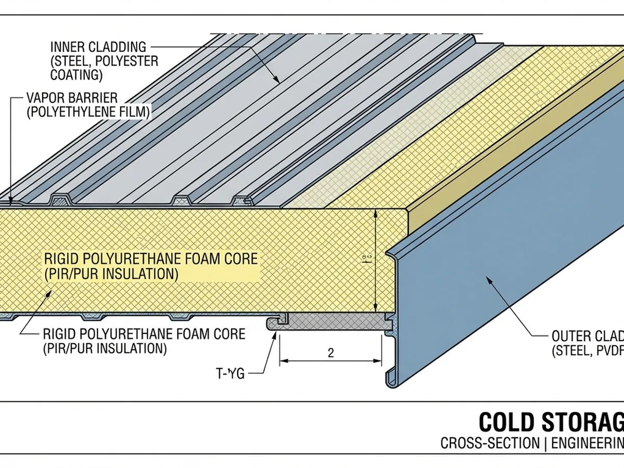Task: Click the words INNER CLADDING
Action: point(98,47)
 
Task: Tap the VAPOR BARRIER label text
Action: point(71,98)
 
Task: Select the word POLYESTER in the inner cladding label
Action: point(130,61)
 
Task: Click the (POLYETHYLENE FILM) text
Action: point(88,111)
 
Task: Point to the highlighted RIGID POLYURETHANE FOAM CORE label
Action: point(151,258)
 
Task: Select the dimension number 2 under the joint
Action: point(331,353)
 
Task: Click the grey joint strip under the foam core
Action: point(333,323)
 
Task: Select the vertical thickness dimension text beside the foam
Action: point(367,258)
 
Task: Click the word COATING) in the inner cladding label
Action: point(76,74)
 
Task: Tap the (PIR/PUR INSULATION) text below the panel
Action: point(105,348)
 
